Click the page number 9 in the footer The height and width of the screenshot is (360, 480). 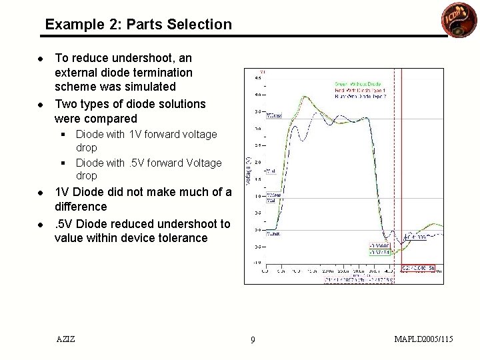[253, 340]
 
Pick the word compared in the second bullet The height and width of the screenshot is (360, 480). [109, 119]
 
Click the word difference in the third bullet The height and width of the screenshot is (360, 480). [81, 207]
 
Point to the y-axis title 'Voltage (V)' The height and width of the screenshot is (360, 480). [249, 172]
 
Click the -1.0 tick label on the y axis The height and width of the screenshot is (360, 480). [257, 263]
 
